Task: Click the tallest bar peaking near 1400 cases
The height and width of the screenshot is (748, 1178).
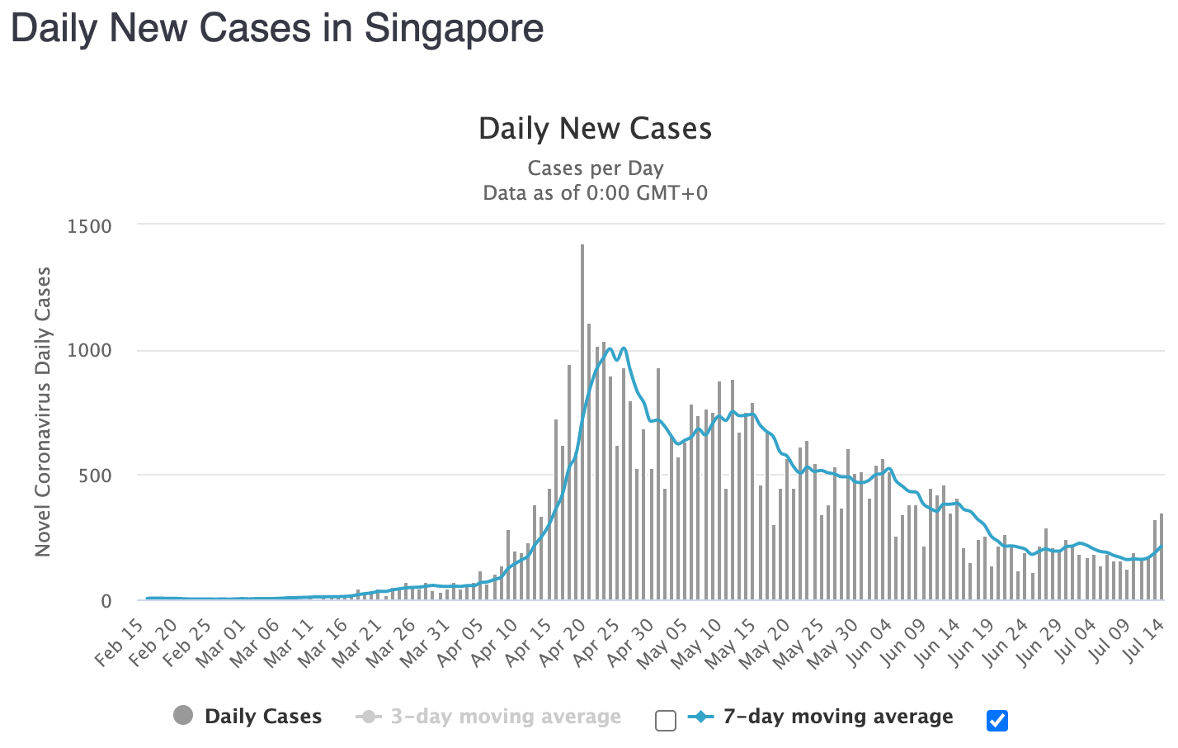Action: coord(582,421)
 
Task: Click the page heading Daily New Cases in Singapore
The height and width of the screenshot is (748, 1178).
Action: coord(277,28)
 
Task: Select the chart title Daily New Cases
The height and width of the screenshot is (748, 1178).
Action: coord(595,129)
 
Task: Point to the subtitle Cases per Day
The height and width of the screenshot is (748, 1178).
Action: coord(595,168)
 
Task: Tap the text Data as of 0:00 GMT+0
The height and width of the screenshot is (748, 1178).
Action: coord(595,193)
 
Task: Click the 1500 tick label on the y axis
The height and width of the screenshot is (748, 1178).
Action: coord(89,226)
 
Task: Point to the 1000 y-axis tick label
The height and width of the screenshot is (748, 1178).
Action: coord(89,351)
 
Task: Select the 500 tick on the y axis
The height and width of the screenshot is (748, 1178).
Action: coord(95,476)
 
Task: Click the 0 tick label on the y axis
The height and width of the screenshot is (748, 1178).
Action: coord(106,602)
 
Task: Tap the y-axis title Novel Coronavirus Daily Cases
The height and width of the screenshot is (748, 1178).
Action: coord(43,412)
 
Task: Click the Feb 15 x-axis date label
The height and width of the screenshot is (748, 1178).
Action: coord(120,644)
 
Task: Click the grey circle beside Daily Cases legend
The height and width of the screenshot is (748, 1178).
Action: coord(183,716)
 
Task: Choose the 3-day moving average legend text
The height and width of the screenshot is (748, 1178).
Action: coord(506,717)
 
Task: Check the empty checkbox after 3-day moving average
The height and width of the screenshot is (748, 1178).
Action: coord(666,721)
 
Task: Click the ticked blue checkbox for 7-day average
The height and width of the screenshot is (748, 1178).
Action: coord(997,721)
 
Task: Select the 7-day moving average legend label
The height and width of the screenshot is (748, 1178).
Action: coord(838,717)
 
